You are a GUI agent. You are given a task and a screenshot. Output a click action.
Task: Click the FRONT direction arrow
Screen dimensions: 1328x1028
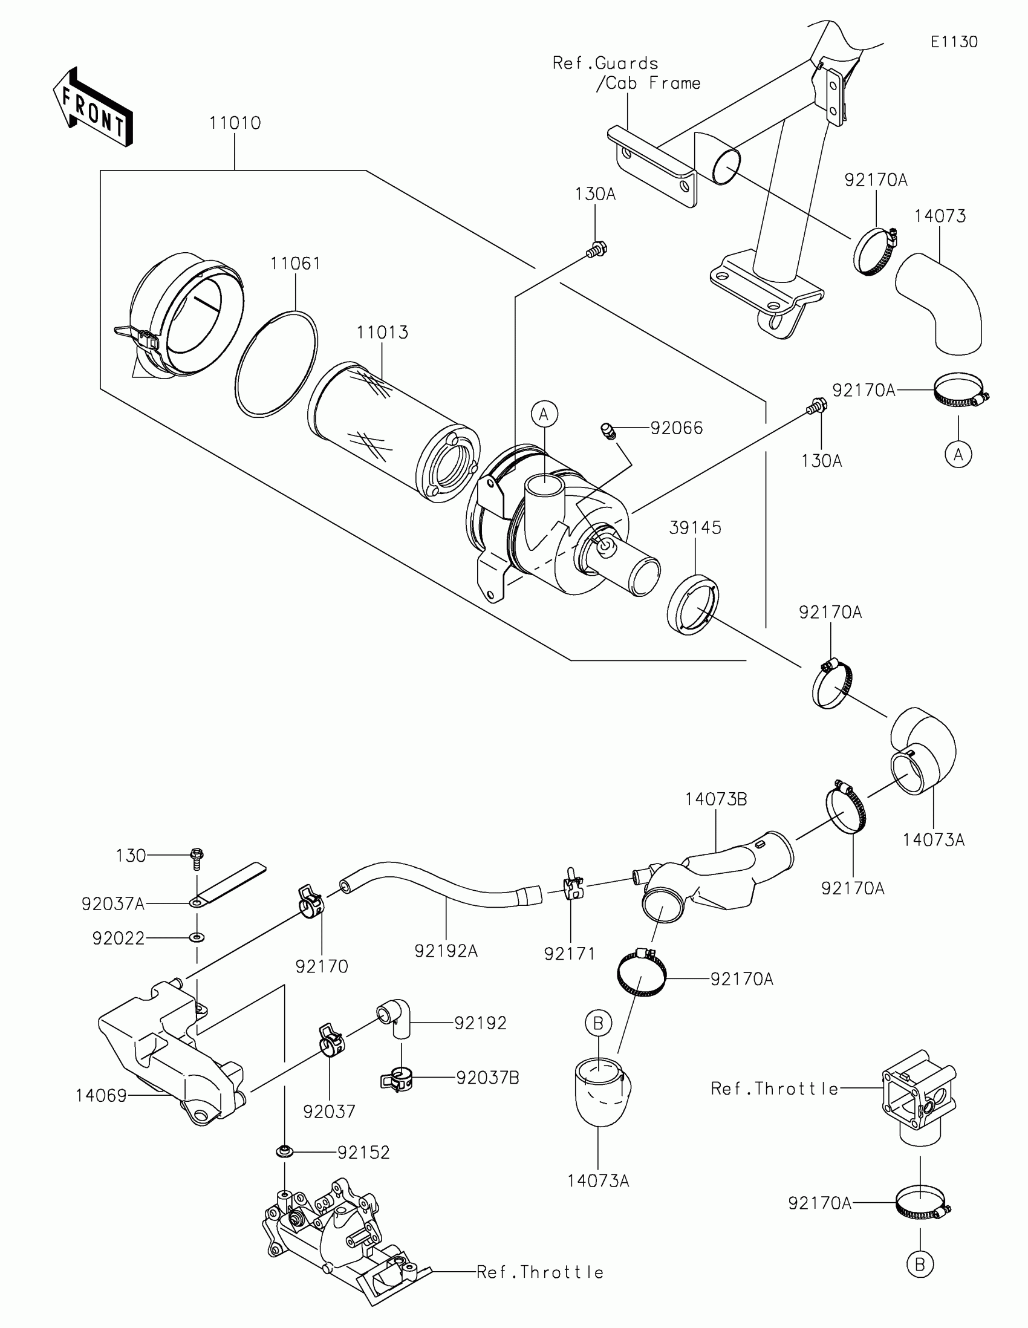click(x=93, y=108)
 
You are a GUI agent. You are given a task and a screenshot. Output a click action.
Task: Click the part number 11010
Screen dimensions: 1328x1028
click(x=235, y=123)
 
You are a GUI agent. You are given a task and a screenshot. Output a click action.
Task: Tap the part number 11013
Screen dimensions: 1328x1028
click(x=382, y=333)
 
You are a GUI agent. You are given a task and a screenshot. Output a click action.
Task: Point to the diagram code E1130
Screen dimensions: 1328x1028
click(x=954, y=42)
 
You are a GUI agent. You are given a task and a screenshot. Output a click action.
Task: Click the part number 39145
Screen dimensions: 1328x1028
click(x=695, y=528)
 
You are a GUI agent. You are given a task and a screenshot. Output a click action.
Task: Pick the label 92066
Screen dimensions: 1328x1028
click(x=676, y=428)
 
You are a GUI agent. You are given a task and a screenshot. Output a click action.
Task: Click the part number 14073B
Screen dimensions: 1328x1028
click(x=715, y=799)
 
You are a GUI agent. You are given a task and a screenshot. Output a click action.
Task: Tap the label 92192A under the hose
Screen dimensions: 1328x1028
click(x=446, y=951)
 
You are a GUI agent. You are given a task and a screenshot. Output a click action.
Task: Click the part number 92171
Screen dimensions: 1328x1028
click(x=569, y=954)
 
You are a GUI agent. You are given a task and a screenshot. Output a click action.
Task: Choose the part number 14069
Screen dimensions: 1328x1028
click(x=101, y=1096)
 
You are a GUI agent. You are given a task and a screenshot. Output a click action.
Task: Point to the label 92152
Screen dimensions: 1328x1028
click(x=363, y=1152)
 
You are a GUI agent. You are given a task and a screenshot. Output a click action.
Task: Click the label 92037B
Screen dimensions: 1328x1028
click(x=487, y=1078)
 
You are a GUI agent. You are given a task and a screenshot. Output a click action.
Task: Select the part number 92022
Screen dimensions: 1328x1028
click(x=118, y=938)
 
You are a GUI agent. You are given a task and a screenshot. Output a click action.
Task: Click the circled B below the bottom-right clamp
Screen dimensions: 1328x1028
click(x=919, y=1265)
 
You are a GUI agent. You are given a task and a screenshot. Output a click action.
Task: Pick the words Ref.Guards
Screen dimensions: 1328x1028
click(x=605, y=63)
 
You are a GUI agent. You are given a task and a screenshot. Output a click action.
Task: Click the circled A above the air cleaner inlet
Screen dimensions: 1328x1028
click(x=544, y=414)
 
